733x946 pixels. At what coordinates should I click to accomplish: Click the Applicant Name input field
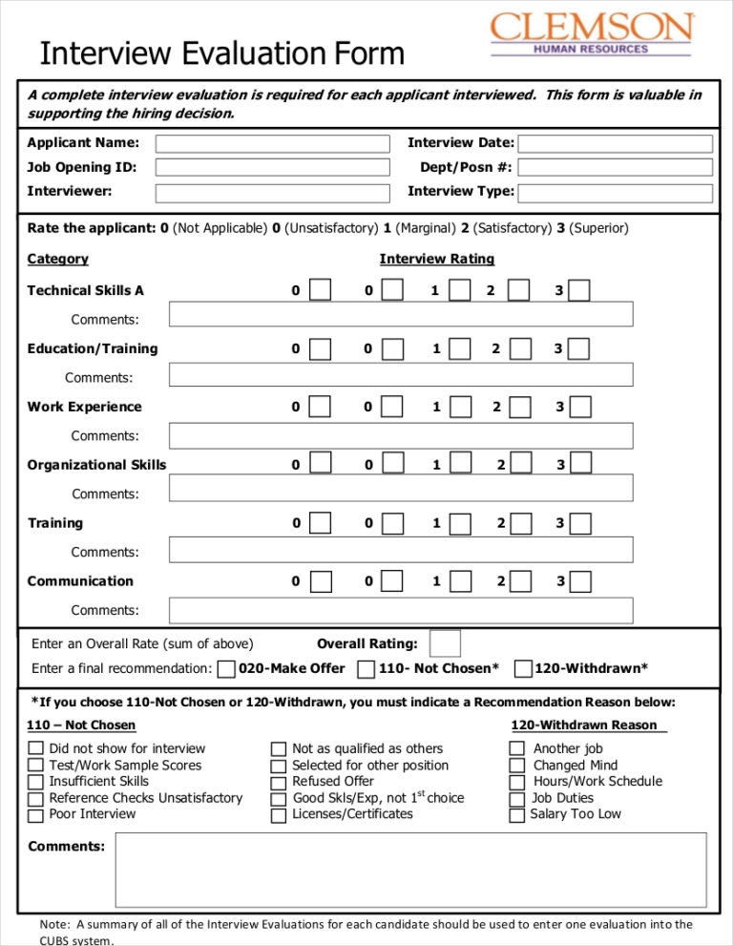pyautogui.click(x=272, y=144)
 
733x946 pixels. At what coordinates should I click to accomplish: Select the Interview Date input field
pyautogui.click(x=616, y=144)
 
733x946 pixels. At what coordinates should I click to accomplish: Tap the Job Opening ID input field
pyautogui.click(x=272, y=168)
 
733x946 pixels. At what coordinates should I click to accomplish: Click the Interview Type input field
pyautogui.click(x=616, y=193)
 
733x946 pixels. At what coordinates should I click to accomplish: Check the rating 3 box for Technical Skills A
pyautogui.click(x=579, y=290)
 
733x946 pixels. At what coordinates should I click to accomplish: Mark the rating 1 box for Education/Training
pyautogui.click(x=459, y=348)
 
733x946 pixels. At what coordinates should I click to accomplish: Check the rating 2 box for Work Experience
pyautogui.click(x=519, y=407)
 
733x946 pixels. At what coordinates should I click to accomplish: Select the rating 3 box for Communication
pyautogui.click(x=580, y=581)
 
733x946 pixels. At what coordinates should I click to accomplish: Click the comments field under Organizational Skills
pyautogui.click(x=401, y=489)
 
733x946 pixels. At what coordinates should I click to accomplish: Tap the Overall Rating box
pyautogui.click(x=445, y=643)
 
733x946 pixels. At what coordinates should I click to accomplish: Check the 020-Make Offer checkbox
pyautogui.click(x=226, y=669)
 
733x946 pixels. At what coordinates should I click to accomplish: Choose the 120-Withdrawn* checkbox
pyautogui.click(x=523, y=669)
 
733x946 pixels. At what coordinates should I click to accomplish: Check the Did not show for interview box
pyautogui.click(x=35, y=749)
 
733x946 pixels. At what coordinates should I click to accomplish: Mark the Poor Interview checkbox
pyautogui.click(x=35, y=815)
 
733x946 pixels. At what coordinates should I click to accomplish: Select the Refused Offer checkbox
pyautogui.click(x=279, y=783)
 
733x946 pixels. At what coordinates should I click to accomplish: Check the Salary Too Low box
pyautogui.click(x=516, y=815)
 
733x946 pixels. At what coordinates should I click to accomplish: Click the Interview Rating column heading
pyautogui.click(x=436, y=259)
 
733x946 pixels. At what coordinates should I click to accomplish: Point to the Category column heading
pyautogui.click(x=57, y=259)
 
